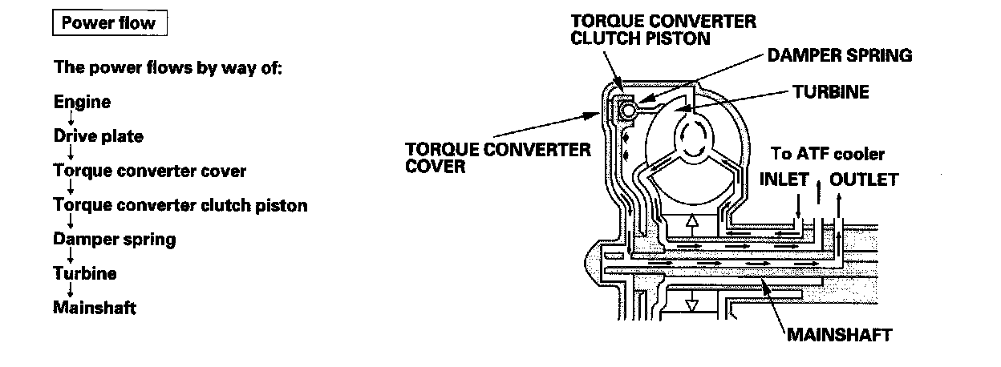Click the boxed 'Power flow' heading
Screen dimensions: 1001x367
(110, 23)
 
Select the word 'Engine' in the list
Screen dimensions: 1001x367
(82, 103)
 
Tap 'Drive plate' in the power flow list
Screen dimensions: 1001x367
(98, 136)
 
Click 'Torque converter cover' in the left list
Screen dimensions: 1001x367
(150, 171)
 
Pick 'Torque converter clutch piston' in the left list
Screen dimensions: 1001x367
(180, 205)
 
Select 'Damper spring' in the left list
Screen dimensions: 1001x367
(114, 239)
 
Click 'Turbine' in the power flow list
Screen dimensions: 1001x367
(84, 273)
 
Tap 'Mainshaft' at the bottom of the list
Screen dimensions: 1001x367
(94, 308)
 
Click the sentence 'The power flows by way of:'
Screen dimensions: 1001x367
(168, 67)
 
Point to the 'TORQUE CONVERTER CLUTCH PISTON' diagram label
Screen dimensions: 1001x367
(663, 30)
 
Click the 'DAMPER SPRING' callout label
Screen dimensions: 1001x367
(840, 56)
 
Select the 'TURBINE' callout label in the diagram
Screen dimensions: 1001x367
(830, 92)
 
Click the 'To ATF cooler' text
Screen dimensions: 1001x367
(827, 154)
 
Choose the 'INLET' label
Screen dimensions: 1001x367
(784, 179)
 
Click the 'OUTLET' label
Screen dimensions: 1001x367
(863, 179)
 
